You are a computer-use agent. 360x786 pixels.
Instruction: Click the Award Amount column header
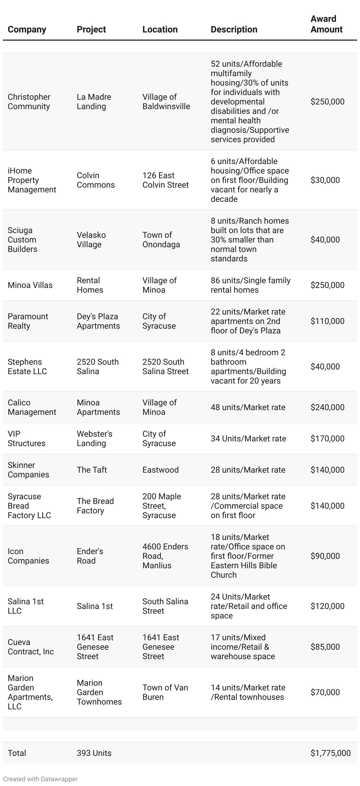(326, 24)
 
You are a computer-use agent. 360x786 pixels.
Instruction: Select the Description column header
(234, 29)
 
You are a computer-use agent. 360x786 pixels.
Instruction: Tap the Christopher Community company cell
(29, 101)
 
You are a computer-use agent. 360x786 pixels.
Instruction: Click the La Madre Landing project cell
(94, 101)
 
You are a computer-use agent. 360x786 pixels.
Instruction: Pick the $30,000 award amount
(325, 180)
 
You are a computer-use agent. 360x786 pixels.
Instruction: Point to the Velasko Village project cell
(91, 240)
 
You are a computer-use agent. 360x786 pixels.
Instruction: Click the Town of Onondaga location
(161, 240)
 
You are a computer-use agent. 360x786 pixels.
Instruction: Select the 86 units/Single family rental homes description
(250, 285)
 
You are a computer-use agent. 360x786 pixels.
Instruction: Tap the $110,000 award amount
(327, 321)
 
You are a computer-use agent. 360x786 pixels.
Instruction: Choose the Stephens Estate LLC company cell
(27, 366)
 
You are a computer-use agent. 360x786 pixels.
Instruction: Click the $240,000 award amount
(327, 407)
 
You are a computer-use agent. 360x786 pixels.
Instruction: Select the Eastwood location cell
(161, 470)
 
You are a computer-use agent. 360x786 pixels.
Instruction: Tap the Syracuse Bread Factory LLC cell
(29, 506)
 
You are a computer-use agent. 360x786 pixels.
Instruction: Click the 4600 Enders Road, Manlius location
(165, 556)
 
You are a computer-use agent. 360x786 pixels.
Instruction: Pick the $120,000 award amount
(327, 606)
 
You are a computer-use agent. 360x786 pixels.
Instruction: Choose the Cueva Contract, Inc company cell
(30, 646)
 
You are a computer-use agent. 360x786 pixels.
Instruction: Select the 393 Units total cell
(94, 753)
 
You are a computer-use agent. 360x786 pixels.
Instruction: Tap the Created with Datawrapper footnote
(40, 779)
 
